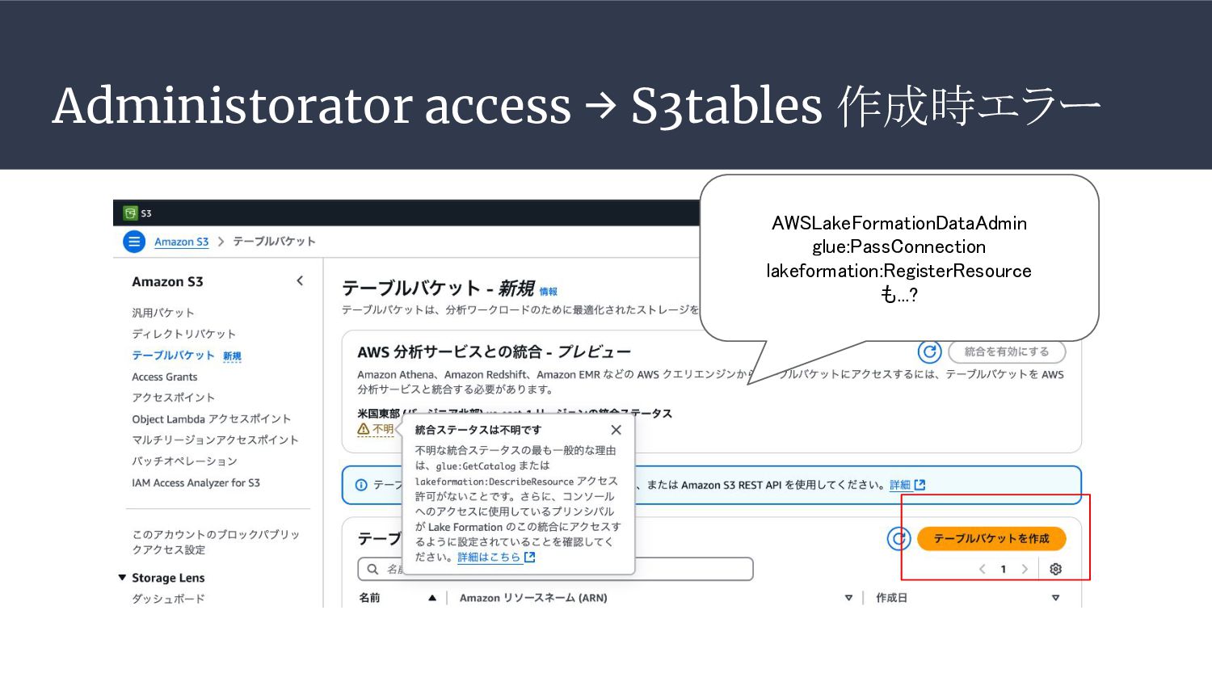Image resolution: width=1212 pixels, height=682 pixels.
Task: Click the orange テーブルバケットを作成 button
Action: [x=991, y=539]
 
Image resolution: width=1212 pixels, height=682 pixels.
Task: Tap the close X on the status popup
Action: [x=616, y=430]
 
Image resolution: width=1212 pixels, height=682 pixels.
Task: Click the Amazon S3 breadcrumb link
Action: [x=181, y=242]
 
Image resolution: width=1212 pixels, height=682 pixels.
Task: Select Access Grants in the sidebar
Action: [x=165, y=377]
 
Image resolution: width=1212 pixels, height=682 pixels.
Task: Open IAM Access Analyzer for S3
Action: [x=196, y=482]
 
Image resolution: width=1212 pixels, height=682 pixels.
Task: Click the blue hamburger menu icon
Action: [x=134, y=242]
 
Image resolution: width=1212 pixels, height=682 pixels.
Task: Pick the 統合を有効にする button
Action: [x=1006, y=352]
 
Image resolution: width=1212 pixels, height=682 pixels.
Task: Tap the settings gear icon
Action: [x=1055, y=569]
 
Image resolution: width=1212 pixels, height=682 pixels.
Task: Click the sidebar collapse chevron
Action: [x=300, y=281]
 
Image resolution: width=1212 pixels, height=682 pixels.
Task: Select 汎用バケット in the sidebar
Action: [x=163, y=313]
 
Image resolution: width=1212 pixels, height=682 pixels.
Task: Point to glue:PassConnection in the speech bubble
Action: [x=898, y=246]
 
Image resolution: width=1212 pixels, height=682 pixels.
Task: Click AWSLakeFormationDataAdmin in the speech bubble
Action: [x=898, y=223]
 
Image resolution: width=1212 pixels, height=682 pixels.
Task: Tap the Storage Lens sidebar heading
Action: [x=168, y=578]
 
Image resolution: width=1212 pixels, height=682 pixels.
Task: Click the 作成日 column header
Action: [x=891, y=598]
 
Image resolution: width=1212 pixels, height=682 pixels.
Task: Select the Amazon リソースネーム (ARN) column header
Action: [x=533, y=598]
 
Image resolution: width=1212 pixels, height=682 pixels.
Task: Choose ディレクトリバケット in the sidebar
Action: [x=184, y=334]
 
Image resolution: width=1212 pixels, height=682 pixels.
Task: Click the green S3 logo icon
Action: [x=130, y=213]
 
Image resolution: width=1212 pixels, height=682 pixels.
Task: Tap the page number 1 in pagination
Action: [x=1004, y=569]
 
